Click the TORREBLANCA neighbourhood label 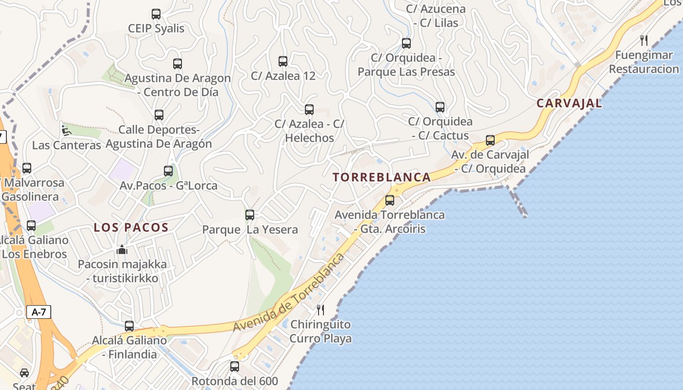click(382, 177)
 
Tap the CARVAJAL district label click(569, 103)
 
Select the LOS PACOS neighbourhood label click(131, 227)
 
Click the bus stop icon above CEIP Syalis click(156, 14)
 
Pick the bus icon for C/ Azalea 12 click(283, 61)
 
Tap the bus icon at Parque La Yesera click(250, 214)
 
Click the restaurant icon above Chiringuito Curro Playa click(321, 310)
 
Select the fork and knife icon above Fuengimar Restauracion click(644, 40)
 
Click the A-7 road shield click(39, 312)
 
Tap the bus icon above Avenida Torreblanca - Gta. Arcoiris click(390, 200)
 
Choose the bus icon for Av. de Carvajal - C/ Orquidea click(490, 140)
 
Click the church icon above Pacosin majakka click(122, 250)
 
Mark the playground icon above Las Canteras click(66, 130)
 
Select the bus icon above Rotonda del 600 click(235, 366)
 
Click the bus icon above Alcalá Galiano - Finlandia click(129, 326)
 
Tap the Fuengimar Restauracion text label click(644, 62)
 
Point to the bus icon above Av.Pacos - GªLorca click(168, 171)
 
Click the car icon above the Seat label click(24, 373)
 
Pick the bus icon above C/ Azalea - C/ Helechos click(309, 110)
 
